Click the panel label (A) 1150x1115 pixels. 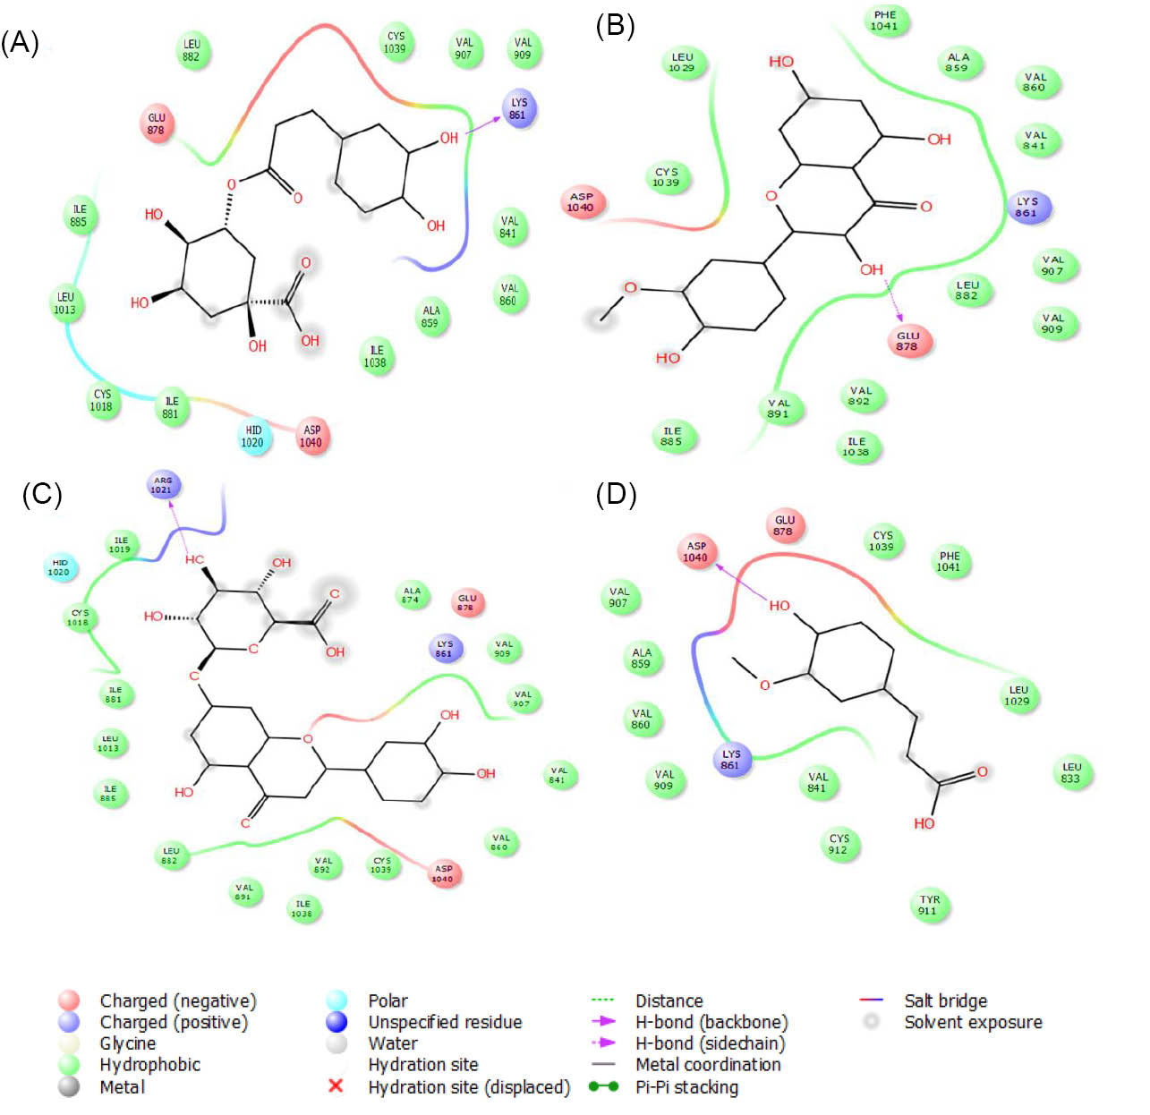click(20, 43)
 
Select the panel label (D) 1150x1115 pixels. click(616, 494)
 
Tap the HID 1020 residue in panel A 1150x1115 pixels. click(252, 437)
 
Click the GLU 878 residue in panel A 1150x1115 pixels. click(157, 123)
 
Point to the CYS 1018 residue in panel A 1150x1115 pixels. click(102, 400)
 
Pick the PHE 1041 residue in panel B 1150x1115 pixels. click(884, 21)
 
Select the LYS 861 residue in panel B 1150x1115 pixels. click(1027, 208)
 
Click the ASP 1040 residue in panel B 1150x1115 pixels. click(581, 202)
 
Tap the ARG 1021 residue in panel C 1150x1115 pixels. click(163, 485)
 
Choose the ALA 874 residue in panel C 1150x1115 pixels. click(411, 595)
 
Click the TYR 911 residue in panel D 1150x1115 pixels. click(929, 905)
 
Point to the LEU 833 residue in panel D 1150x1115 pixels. click(1070, 772)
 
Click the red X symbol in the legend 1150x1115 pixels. click(336, 1085)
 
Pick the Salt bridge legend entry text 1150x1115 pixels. click(945, 1000)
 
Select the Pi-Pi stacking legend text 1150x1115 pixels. click(686, 1087)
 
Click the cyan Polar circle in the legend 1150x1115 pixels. click(336, 1000)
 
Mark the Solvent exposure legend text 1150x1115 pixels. click(973, 1022)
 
